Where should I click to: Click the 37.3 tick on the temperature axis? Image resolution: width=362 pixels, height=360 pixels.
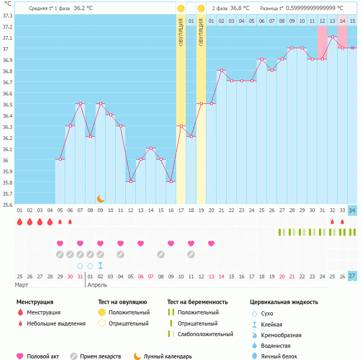click(x=7, y=15)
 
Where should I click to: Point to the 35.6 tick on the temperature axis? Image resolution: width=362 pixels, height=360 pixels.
click(x=7, y=205)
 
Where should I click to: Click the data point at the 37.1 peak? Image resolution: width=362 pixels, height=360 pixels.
click(x=332, y=37)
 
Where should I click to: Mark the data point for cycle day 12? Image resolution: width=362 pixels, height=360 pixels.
click(x=131, y=182)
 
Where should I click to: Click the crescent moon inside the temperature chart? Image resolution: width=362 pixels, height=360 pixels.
click(x=100, y=199)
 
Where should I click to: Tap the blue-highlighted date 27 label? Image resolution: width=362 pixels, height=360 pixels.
click(x=352, y=276)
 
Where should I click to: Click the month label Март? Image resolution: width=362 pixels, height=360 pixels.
click(x=22, y=285)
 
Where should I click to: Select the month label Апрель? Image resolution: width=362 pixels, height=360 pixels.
click(x=97, y=285)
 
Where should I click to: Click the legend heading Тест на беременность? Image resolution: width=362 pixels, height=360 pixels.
click(x=197, y=302)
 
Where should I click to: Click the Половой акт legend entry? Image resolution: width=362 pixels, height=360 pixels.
click(x=42, y=356)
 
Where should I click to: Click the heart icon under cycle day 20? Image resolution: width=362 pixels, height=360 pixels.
click(x=211, y=243)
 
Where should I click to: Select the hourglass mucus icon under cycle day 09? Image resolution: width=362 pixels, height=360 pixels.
click(x=100, y=266)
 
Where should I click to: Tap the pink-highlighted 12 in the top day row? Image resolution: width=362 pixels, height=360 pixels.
click(x=322, y=21)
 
